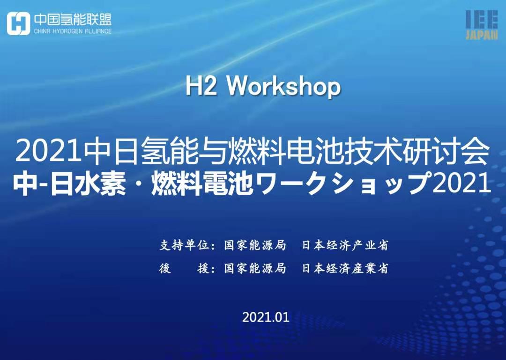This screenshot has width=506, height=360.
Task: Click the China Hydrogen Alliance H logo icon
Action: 18,23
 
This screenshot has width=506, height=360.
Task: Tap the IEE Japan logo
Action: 482,25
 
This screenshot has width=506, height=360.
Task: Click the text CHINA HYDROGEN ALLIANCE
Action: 73,31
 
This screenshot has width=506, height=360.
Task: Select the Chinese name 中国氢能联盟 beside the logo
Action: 73,20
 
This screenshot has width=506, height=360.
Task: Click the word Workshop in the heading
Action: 284,87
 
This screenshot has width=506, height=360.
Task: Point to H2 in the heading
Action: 201,87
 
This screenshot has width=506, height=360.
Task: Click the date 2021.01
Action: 266,317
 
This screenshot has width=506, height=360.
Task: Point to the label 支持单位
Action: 184,245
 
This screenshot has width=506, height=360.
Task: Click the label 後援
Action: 184,268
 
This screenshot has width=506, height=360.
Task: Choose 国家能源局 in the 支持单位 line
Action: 255,245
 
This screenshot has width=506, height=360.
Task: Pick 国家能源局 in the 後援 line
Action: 255,268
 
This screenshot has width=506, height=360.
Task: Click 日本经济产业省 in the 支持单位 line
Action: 345,245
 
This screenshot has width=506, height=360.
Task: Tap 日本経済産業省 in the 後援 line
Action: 345,268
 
